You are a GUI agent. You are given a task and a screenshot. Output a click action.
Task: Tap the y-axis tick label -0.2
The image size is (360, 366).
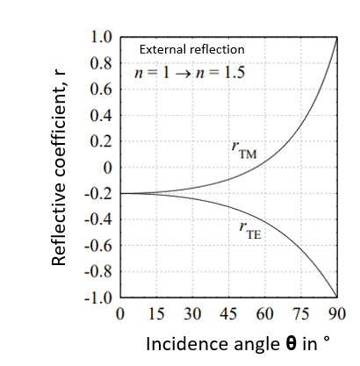pos(100,193)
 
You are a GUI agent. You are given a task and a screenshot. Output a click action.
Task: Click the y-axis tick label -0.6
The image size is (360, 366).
pos(100,245)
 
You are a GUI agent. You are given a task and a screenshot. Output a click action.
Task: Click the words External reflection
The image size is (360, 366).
pos(193,49)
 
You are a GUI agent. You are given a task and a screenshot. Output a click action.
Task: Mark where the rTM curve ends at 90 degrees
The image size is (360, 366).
pos(337,39)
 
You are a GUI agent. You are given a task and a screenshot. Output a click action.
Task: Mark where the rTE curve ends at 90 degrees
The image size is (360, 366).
pos(337,297)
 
